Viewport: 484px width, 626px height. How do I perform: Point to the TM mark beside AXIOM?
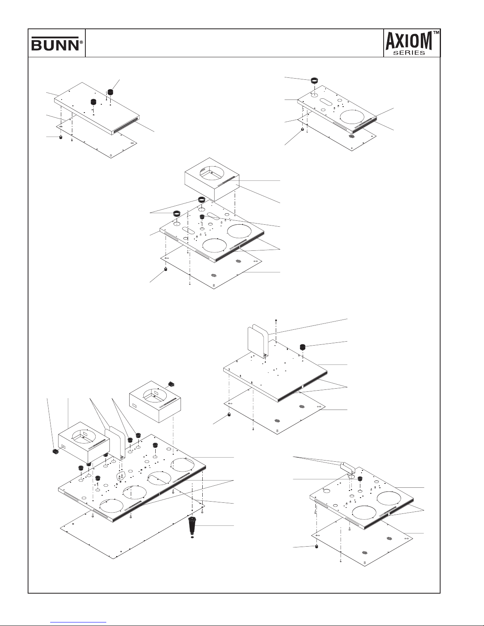coord(436,33)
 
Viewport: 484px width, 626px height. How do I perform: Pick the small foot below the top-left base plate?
coord(61,137)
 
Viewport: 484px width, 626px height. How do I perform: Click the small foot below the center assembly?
coord(166,269)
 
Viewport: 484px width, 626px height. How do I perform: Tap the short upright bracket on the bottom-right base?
coord(348,467)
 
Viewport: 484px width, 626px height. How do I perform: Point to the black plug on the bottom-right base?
coord(360,479)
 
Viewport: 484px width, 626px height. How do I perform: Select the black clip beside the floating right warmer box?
coord(172,383)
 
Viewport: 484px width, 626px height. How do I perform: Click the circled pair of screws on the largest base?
coord(121,476)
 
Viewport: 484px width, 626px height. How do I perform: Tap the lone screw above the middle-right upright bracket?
coord(276,320)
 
